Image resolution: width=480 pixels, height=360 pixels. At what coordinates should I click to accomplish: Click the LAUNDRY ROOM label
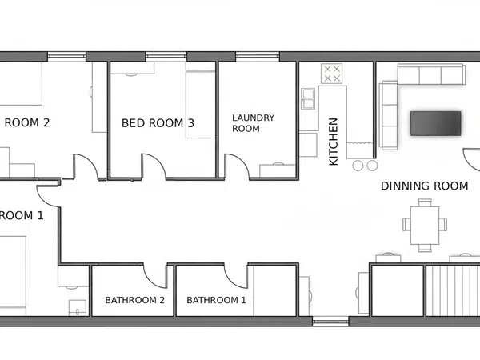point(253,123)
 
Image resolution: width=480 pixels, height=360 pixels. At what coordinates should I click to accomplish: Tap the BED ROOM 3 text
point(158,123)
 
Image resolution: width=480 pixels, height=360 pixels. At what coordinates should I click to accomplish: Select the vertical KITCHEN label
point(333,142)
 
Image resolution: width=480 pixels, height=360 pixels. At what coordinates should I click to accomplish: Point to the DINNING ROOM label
point(425,186)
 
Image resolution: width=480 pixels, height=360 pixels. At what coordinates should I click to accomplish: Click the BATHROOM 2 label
point(134,300)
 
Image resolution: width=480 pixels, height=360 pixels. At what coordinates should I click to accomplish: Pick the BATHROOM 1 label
point(216,300)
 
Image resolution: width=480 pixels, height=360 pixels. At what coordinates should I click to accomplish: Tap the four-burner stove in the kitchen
point(331,74)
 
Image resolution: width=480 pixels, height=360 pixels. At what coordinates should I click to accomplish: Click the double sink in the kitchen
point(308,98)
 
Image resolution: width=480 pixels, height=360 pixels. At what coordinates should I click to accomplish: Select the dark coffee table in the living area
point(436,123)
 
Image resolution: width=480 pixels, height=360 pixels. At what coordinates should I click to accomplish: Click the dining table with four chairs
point(425,225)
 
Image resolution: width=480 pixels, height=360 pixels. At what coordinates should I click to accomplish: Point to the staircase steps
point(453,291)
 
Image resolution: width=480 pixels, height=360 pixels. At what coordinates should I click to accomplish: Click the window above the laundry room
point(258,57)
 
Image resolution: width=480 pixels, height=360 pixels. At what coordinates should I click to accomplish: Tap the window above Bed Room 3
point(166,57)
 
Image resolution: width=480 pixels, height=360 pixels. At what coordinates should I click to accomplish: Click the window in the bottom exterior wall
point(330,322)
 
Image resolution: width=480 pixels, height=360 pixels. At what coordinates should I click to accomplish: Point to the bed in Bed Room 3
point(201,100)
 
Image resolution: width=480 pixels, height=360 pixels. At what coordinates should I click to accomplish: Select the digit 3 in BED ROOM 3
point(191,123)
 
